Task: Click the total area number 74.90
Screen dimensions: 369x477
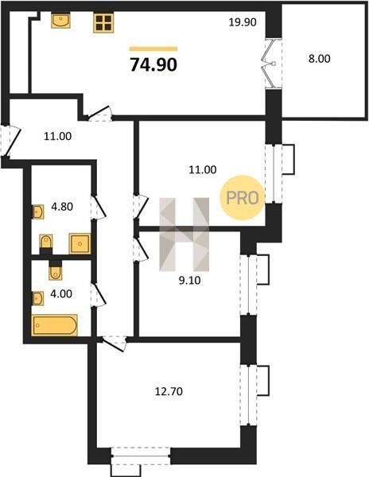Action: [x=153, y=65]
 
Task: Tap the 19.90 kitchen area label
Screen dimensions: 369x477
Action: [x=243, y=22]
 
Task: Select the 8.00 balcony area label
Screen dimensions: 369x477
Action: [x=320, y=58]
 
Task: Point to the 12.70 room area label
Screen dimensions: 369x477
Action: [x=169, y=391]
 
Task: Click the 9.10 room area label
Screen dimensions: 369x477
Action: [x=189, y=280]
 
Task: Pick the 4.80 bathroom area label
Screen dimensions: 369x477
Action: [x=62, y=207]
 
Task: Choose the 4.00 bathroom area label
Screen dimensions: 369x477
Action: [x=61, y=294]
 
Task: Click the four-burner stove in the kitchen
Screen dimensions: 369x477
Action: [x=103, y=23]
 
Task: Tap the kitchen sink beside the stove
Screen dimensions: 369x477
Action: [x=60, y=21]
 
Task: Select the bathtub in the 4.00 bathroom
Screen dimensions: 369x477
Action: [x=54, y=325]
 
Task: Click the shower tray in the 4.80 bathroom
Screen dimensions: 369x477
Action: [x=80, y=243]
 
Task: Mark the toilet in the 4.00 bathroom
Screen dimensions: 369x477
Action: [x=56, y=270]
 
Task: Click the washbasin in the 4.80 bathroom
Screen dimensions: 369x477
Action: [x=38, y=211]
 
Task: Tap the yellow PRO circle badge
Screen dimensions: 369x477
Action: [x=242, y=198]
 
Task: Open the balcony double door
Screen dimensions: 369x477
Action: [x=273, y=64]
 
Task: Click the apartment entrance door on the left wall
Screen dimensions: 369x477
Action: [x=10, y=141]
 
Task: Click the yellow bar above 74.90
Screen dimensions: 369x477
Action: [x=153, y=48]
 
